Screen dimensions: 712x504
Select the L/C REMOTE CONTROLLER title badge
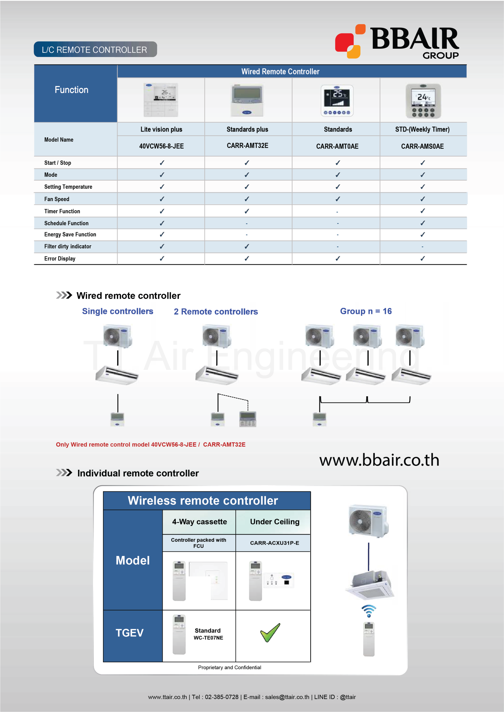(x=95, y=50)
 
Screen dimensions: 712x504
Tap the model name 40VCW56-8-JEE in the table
(x=161, y=146)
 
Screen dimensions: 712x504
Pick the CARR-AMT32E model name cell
(x=248, y=146)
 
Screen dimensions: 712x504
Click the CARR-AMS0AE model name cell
(x=422, y=146)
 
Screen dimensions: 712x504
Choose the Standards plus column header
(x=247, y=129)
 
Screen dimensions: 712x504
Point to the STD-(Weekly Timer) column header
(x=422, y=129)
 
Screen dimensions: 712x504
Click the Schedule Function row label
(x=67, y=223)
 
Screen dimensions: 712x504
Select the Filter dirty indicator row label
(x=68, y=246)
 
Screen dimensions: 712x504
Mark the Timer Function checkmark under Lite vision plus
(x=162, y=211)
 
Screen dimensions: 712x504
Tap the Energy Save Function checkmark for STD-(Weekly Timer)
(x=423, y=235)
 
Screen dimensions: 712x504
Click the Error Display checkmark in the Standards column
(x=338, y=258)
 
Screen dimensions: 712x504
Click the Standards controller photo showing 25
(x=337, y=100)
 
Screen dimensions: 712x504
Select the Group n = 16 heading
(x=366, y=311)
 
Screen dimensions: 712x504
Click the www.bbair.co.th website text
(x=379, y=460)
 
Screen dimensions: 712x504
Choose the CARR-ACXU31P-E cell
(x=275, y=543)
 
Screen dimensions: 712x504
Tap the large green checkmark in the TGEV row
(x=270, y=633)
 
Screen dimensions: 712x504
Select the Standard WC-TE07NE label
(x=208, y=634)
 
